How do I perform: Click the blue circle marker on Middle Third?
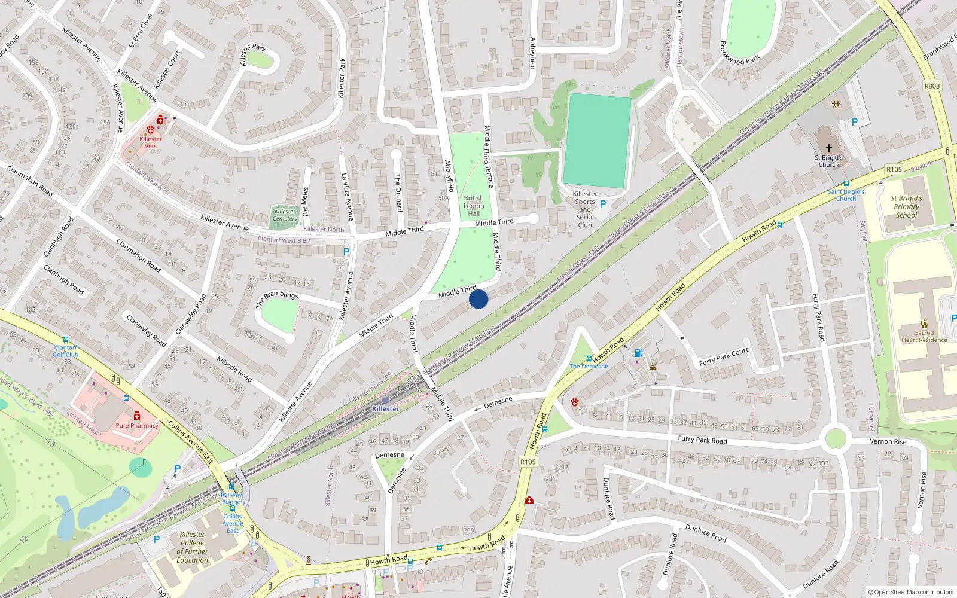[478, 299]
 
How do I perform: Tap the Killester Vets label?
[151, 142]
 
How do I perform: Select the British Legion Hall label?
[474, 206]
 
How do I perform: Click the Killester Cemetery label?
[285, 215]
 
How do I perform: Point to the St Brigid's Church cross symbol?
[829, 148]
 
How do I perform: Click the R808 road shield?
[932, 86]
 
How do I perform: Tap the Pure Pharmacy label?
[137, 426]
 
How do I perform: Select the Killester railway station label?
[385, 409]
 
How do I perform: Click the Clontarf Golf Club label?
[65, 351]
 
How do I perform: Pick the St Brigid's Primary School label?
[906, 206]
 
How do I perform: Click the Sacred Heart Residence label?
[924, 337]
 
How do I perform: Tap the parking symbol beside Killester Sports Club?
[603, 204]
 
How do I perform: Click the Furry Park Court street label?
[724, 356]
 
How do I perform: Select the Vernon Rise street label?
[888, 442]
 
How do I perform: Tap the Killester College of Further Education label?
[193, 548]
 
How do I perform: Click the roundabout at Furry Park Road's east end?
[835, 438]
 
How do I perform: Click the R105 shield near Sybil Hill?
[894, 170]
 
